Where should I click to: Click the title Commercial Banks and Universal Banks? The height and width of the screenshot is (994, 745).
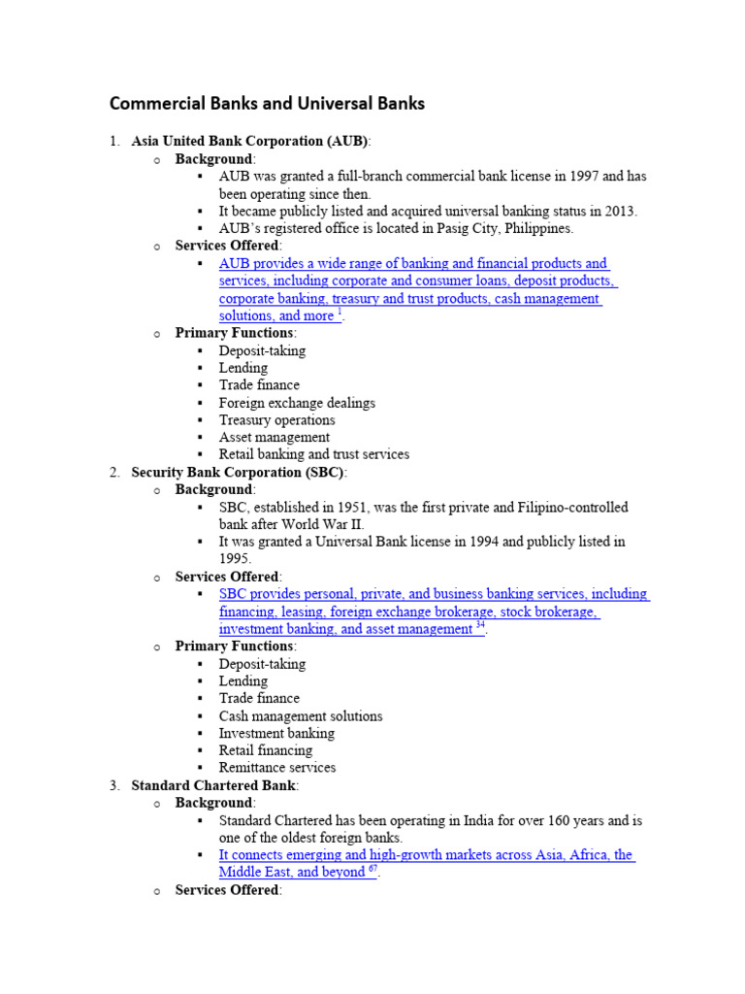coord(267,103)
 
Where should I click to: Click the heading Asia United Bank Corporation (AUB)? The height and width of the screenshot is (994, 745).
coord(250,141)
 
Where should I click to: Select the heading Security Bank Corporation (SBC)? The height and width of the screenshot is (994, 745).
coord(239,472)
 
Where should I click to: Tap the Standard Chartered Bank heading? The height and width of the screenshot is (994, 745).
coord(214,785)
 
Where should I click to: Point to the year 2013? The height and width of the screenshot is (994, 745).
coord(619,212)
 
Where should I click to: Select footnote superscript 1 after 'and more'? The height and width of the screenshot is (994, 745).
coord(339,314)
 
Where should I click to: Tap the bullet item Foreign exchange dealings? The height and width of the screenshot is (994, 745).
coord(297,403)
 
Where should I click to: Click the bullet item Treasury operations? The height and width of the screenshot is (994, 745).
coord(276,420)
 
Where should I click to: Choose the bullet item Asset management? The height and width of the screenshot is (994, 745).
coord(274,438)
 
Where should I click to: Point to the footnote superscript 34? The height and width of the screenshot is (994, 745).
coord(480,627)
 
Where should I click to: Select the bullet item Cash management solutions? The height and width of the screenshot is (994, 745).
coord(300,716)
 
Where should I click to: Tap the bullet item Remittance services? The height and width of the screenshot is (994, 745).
coord(276,768)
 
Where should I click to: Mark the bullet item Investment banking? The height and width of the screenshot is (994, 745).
coord(275,734)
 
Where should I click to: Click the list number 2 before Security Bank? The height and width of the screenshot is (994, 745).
coord(113,472)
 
